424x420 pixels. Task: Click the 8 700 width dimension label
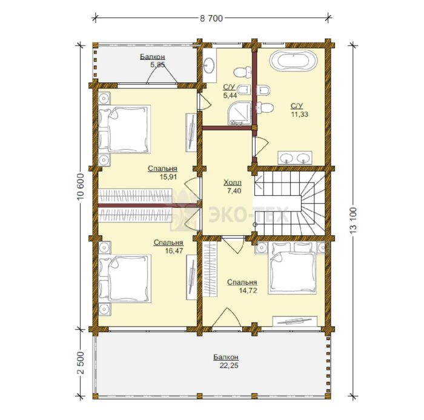tap(211, 18)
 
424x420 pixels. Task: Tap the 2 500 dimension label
tap(81, 362)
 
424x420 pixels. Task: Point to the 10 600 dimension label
tap(81, 186)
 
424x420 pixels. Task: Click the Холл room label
tap(232, 183)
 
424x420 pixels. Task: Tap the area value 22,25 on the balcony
tap(229, 365)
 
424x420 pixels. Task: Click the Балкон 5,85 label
tap(153, 61)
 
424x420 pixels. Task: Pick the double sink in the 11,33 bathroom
tap(295, 158)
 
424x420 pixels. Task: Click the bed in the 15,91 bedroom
tap(124, 129)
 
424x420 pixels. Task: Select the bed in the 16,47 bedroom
tap(125, 279)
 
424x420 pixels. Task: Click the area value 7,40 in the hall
tap(234, 191)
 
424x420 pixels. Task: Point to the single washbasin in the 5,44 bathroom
tap(209, 66)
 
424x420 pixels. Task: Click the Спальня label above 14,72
tap(242, 282)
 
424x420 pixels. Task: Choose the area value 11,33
tap(300, 114)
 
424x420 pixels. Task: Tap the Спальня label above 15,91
tap(162, 168)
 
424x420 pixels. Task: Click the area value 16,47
tap(174, 251)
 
